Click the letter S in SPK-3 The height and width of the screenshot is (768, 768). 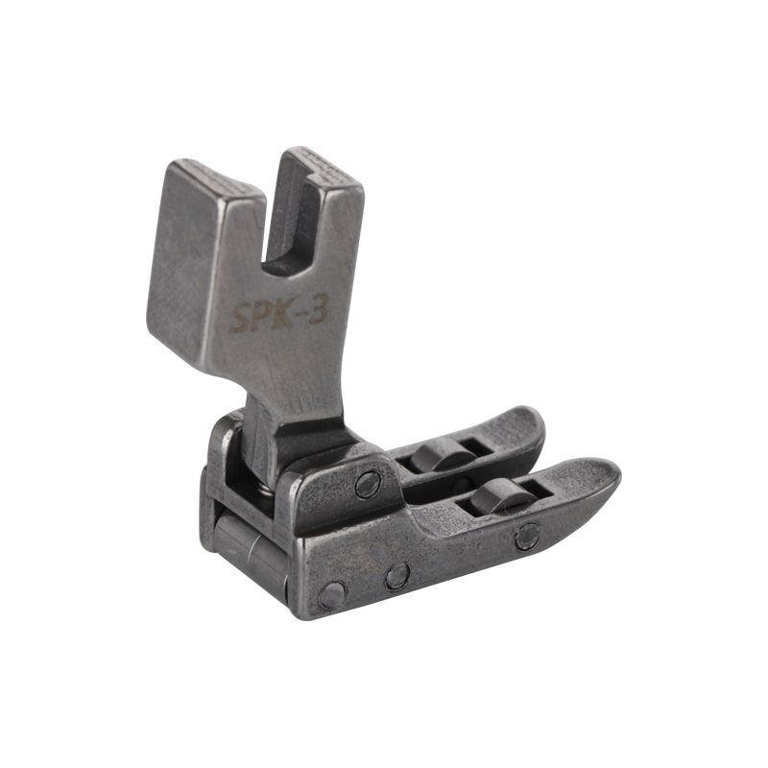242,318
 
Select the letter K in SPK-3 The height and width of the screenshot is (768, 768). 280,315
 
